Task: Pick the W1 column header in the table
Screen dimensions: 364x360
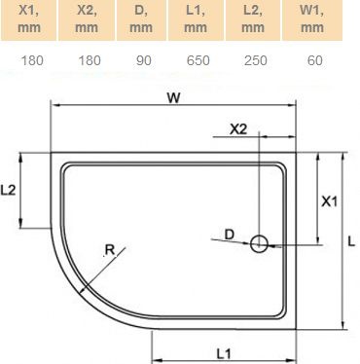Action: click(312, 20)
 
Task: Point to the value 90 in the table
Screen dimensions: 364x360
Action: click(142, 60)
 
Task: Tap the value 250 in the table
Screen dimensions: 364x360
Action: click(256, 60)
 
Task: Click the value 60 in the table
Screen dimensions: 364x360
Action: click(312, 60)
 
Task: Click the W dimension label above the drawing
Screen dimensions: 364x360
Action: click(172, 96)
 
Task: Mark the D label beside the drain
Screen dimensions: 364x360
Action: click(229, 234)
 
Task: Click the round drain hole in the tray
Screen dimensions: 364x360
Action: click(260, 244)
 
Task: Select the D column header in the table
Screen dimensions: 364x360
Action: click(142, 20)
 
